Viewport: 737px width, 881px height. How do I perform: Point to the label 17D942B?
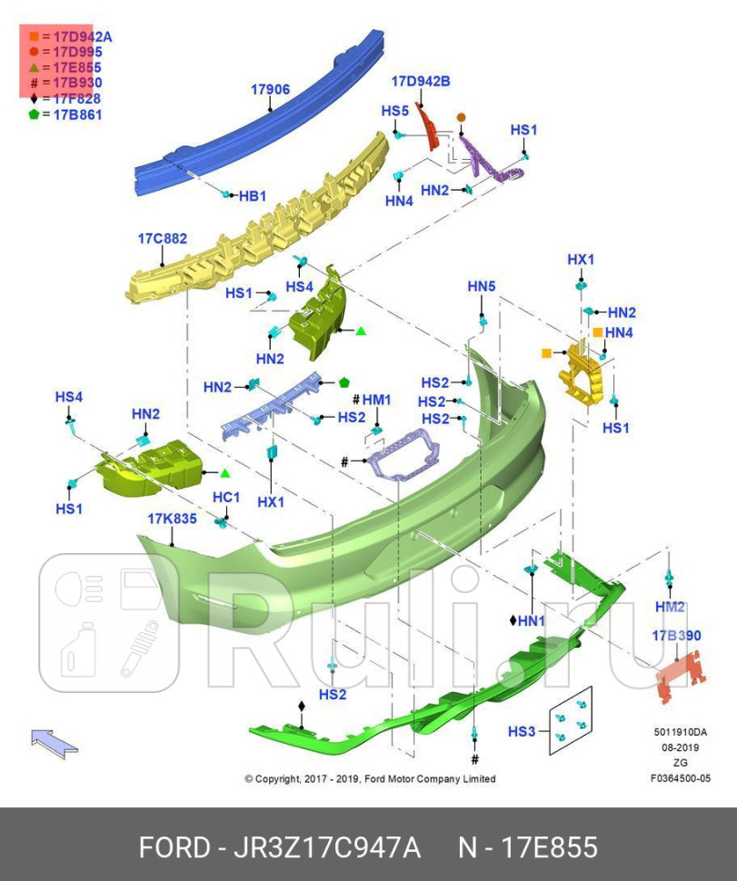coord(421,82)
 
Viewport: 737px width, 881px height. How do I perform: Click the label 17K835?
coord(172,519)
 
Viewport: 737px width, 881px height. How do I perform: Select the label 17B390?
coord(675,636)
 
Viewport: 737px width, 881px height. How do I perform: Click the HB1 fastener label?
coord(251,196)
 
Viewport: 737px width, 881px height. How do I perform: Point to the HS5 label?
coord(394,111)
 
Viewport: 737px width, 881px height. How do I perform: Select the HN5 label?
coord(482,286)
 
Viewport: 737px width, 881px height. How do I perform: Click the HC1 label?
coord(225,497)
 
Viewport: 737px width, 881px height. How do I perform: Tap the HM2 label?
coord(670,607)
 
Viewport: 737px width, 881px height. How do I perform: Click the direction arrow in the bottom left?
coord(54,741)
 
